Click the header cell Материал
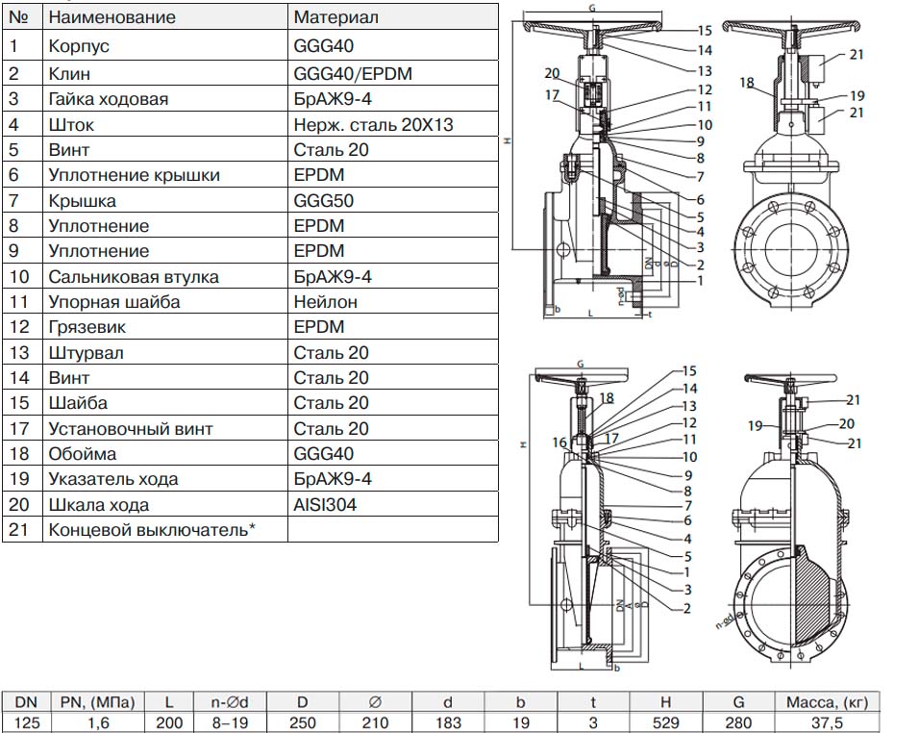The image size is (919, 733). point(335,17)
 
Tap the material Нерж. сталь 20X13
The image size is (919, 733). point(373,124)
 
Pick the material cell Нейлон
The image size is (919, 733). point(326,302)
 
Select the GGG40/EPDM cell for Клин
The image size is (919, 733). point(342,73)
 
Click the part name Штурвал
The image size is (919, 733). point(86,353)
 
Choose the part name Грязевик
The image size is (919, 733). point(87,327)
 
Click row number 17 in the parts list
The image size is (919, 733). point(19,428)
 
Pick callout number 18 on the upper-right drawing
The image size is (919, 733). point(747,84)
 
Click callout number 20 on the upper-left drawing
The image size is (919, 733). point(552,73)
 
